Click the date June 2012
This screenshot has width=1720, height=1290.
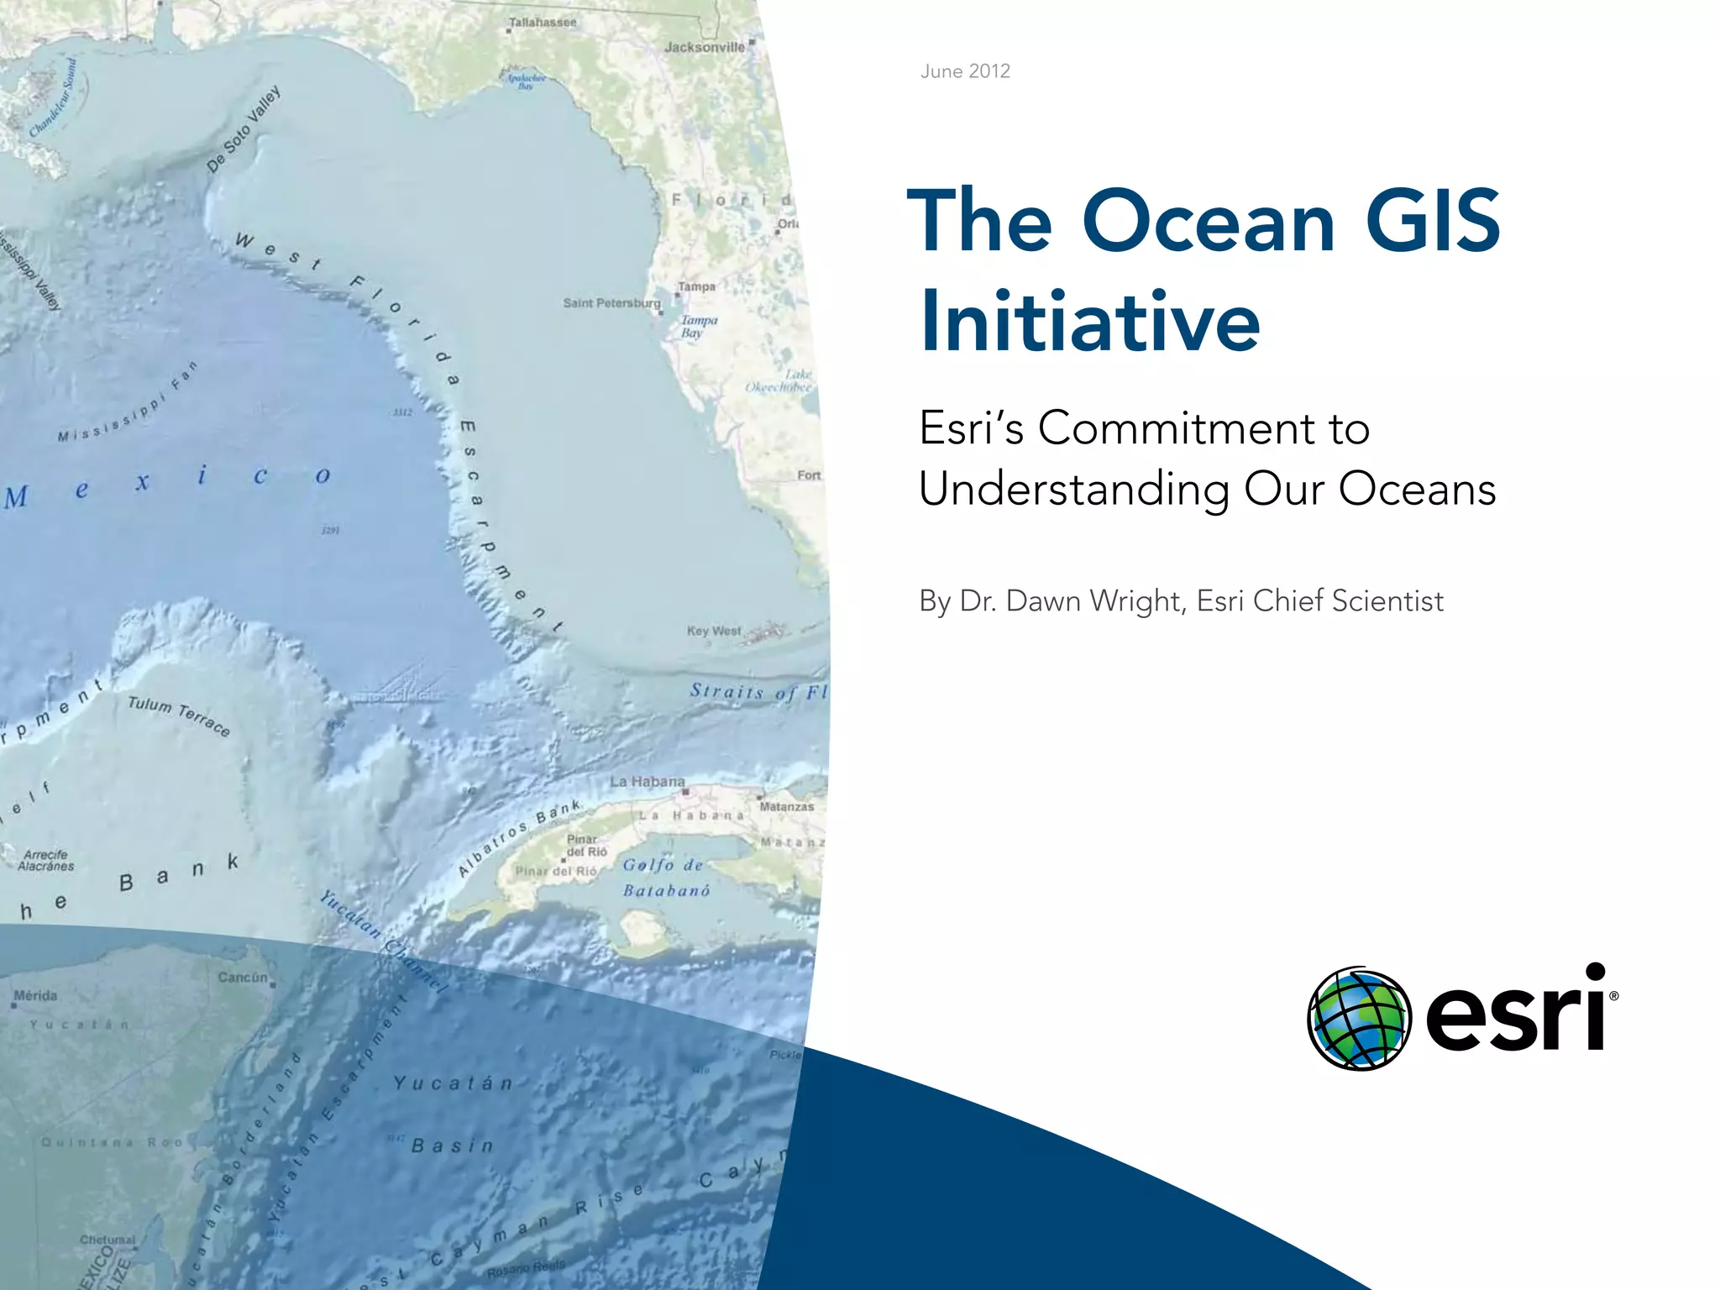pos(965,71)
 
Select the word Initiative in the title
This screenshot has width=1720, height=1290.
pos(1089,322)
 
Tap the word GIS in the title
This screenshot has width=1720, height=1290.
pos(1432,221)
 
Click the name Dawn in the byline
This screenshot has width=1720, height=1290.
pos(1038,601)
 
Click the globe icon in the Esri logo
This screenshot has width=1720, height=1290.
pos(1358,1019)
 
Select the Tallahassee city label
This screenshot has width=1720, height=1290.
pos(543,23)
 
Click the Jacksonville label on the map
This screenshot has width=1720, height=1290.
pos(705,48)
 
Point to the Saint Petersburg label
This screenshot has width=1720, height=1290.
pos(611,303)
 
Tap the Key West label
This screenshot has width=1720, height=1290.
pos(714,631)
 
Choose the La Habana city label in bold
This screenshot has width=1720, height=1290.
pos(647,782)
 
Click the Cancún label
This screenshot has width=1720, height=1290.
pos(243,978)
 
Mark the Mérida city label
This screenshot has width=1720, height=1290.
pos(35,996)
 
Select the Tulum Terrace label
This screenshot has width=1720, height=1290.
pos(178,716)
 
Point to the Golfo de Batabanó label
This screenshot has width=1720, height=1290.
pos(665,878)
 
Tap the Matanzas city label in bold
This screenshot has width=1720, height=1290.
pos(786,807)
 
